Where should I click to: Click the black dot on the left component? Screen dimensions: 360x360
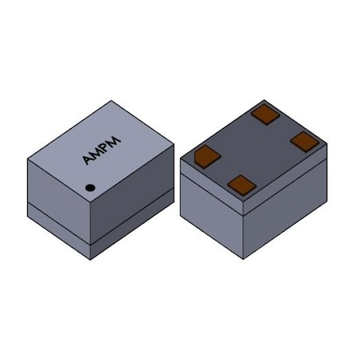[x=90, y=189]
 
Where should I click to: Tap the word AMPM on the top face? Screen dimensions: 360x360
[x=101, y=148]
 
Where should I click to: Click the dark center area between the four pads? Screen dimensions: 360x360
[x=254, y=150]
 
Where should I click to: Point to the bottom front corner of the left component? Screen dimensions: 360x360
[x=90, y=258]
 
